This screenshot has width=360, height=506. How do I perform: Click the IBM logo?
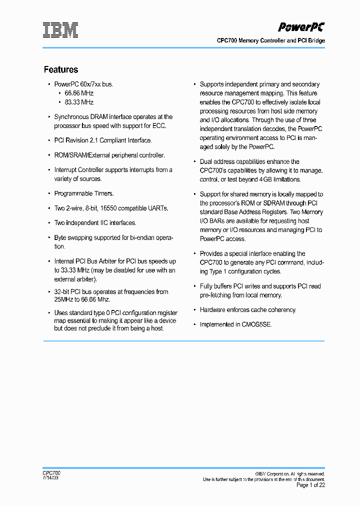tap(60, 30)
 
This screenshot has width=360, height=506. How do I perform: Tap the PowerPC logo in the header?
tap(301, 27)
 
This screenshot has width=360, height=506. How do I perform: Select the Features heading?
tap(61, 69)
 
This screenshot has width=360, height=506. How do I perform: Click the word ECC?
tap(159, 125)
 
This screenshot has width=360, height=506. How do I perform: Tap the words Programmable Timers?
tap(84, 193)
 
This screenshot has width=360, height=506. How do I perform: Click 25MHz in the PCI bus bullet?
tap(63, 299)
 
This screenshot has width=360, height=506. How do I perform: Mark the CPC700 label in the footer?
tap(51, 473)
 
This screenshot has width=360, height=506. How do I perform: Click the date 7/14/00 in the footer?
tap(50, 478)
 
